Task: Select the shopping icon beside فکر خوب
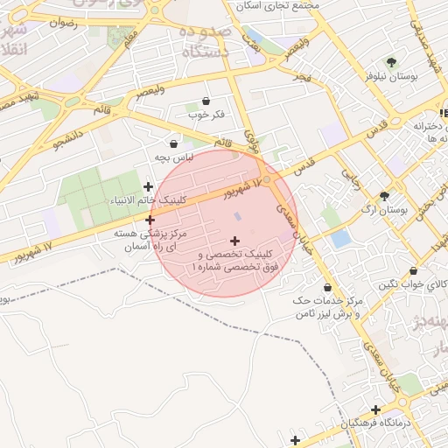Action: click(x=206, y=101)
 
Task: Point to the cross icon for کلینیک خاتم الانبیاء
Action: click(x=148, y=186)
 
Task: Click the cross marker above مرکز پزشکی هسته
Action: click(x=150, y=220)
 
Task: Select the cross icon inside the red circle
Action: click(x=234, y=240)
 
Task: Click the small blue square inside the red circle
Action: click(x=238, y=216)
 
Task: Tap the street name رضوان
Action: click(x=65, y=24)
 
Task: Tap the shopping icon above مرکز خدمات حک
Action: click(x=328, y=287)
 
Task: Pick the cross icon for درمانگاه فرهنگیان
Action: click(x=375, y=409)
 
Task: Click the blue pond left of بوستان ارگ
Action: click(x=340, y=237)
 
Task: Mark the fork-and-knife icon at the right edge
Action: click(x=443, y=112)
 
